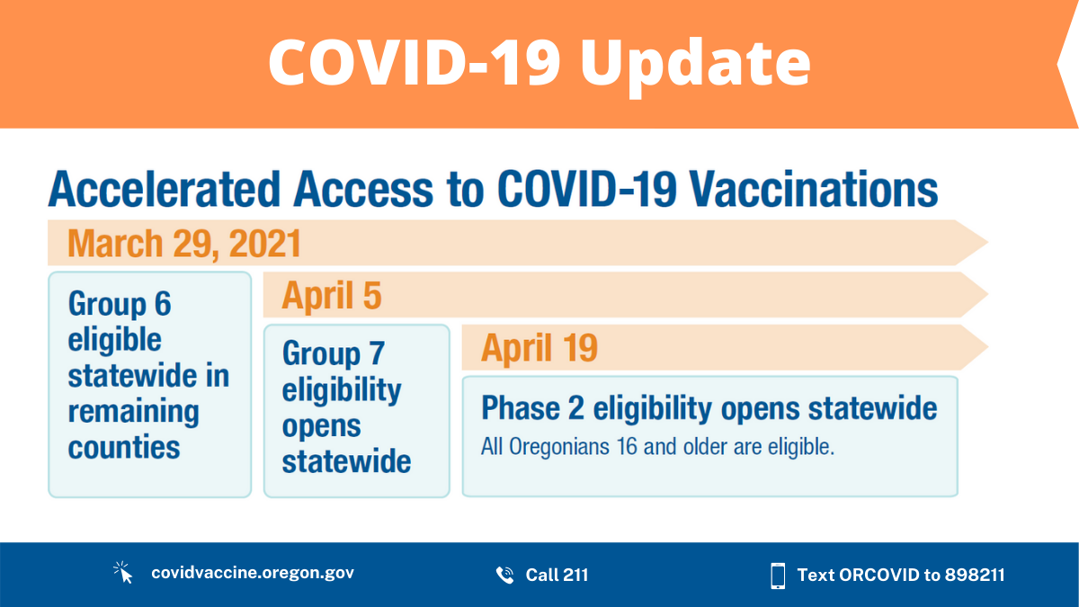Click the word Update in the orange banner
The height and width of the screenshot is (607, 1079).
[x=695, y=63]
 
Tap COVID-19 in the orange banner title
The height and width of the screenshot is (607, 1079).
[x=414, y=63]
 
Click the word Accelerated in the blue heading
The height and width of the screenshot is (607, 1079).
[x=164, y=191]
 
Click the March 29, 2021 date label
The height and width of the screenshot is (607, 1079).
[x=183, y=244]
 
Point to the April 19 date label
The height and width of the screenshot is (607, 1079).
[x=539, y=348]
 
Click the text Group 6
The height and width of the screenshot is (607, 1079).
[x=120, y=304]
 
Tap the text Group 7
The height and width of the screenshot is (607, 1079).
[x=334, y=353]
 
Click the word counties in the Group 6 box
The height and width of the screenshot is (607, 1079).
[x=124, y=448]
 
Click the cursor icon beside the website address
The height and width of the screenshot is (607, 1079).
[x=123, y=574]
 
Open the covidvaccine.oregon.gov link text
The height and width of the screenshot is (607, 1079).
[x=252, y=574]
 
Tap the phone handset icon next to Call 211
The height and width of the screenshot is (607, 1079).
[x=504, y=575]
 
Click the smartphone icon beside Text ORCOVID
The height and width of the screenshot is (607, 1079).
[x=778, y=575]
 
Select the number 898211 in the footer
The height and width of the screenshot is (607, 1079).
[x=975, y=575]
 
